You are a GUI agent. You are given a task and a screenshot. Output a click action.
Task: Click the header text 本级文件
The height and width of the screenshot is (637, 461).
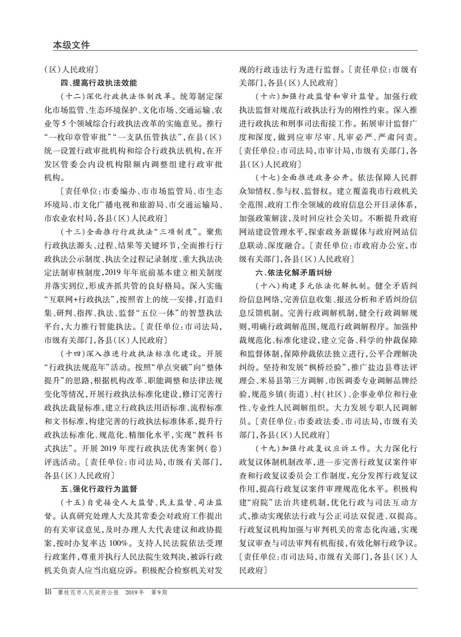pos(71,45)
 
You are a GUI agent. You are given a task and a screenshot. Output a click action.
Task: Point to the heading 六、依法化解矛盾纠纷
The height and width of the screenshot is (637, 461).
pos(294,272)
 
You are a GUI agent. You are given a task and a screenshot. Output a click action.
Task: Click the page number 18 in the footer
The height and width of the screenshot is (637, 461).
pos(48,592)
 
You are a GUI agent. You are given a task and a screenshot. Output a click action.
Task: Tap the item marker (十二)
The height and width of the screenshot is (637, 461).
pos(72,97)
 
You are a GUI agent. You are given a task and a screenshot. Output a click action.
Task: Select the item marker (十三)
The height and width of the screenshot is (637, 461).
pos(72,232)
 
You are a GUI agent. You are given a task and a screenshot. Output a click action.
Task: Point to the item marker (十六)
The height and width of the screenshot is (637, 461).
pos(268,97)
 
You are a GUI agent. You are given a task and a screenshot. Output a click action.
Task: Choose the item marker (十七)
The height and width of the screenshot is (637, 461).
pos(268,178)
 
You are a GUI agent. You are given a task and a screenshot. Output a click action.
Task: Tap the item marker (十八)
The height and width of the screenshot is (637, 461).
pos(268,286)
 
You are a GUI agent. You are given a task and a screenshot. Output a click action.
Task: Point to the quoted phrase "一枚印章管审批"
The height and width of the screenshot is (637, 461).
pos(77,137)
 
